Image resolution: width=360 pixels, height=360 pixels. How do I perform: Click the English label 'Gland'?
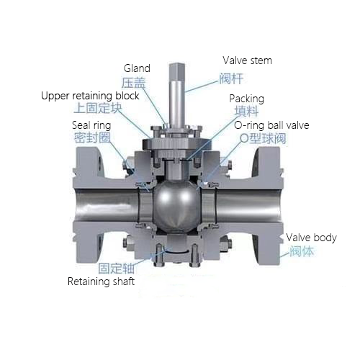(x=137, y=68)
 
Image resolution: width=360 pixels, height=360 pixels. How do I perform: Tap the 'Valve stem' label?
(x=248, y=60)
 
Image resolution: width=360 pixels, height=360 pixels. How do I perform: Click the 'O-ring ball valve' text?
(x=271, y=125)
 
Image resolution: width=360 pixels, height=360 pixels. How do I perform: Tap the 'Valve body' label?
(x=311, y=238)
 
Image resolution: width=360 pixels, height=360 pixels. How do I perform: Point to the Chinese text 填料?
(x=246, y=112)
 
